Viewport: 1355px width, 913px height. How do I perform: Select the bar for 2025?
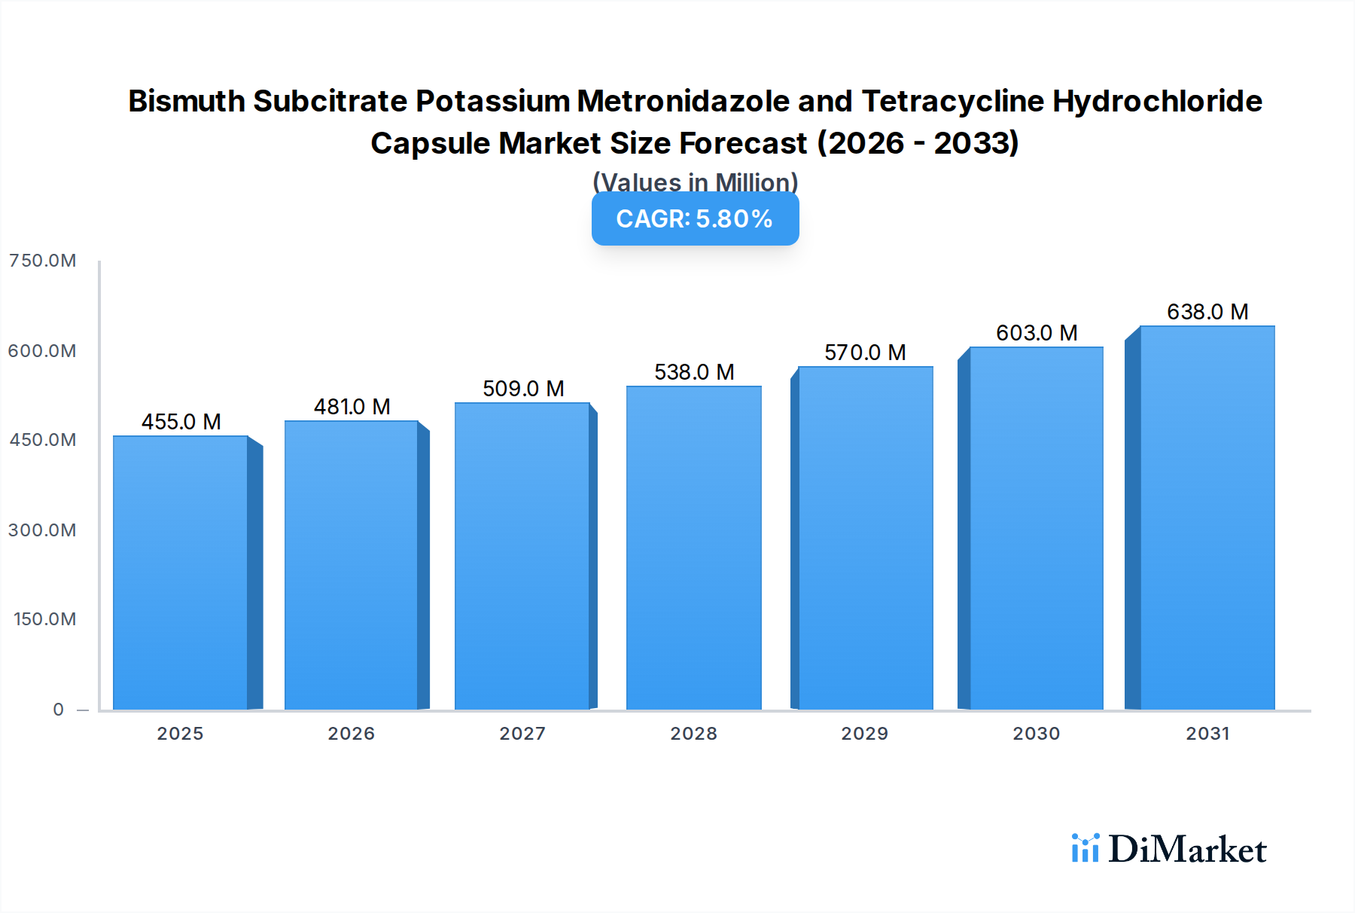coord(181,573)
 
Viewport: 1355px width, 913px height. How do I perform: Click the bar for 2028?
coord(693,548)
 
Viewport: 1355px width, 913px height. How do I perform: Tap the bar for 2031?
coord(1207,518)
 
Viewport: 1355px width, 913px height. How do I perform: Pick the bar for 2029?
coord(865,538)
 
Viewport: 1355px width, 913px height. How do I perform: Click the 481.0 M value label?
coord(352,407)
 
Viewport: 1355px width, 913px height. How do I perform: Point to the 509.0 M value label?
coord(523,389)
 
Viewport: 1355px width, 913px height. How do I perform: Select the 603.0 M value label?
coord(1037,333)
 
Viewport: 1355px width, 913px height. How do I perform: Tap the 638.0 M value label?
coord(1207,312)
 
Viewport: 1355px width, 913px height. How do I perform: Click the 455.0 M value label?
coord(181,422)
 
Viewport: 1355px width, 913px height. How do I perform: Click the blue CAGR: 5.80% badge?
coord(695,219)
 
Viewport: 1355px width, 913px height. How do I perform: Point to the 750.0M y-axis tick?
coord(42,261)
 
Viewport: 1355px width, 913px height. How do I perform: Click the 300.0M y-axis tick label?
coord(42,530)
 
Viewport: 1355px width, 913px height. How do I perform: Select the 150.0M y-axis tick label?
coord(44,619)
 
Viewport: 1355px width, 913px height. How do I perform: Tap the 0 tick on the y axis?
coord(58,710)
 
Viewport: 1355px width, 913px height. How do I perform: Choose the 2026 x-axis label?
coord(351,734)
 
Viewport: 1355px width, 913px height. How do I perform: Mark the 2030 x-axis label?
coord(1036,734)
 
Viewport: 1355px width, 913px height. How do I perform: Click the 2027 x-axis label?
coord(522,734)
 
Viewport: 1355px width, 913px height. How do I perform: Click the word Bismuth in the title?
coord(187,101)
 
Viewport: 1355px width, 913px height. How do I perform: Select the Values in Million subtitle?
coord(695,182)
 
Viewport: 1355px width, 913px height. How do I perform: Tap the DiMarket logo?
coord(1168,849)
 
